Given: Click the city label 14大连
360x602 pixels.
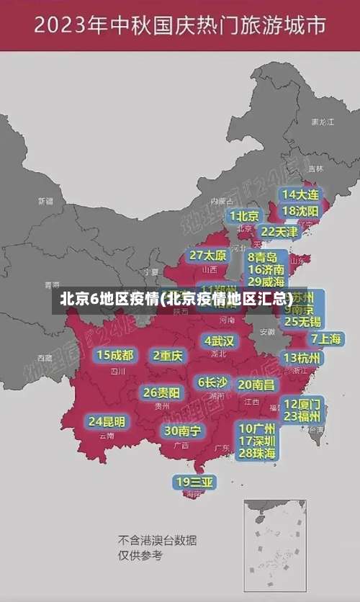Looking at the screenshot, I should (300, 194).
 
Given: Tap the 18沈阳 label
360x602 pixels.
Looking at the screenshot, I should (300, 211).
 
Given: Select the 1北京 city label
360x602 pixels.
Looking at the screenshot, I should (244, 216).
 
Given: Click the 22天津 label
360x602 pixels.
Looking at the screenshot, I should (279, 232).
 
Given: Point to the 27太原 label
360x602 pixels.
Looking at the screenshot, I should (208, 255).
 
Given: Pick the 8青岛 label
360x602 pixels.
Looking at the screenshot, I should (263, 257).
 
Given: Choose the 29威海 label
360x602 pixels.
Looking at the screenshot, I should (266, 282).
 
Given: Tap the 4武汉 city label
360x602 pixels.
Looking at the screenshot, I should (219, 341).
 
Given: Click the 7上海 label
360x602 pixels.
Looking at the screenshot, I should (326, 338).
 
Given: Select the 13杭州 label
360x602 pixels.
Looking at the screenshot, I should (302, 358).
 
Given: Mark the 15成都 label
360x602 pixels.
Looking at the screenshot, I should (114, 355).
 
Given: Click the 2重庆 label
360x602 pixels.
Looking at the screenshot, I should (168, 355).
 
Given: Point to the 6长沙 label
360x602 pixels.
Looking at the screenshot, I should (212, 382).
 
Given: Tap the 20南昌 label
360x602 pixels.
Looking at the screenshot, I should (256, 385).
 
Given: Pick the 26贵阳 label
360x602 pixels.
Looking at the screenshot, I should (161, 392).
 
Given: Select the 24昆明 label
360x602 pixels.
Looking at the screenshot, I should (107, 421).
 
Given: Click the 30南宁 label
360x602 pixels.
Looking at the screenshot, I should (182, 431).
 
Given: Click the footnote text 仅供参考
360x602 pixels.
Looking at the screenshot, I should (140, 555).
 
